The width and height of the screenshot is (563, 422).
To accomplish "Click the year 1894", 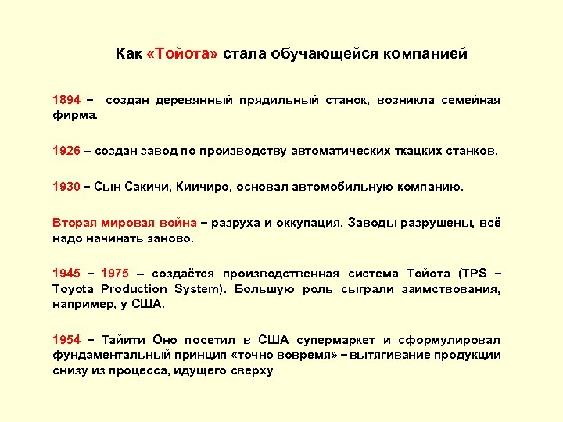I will tap(66, 101).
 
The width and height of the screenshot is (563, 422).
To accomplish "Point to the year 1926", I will tap(66, 150).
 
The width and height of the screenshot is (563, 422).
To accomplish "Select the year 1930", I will tap(66, 187).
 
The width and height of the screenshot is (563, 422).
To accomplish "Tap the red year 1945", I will tap(66, 274).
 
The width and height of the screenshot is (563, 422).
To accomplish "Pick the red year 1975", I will tap(114, 274).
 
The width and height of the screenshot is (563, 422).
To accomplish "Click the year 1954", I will tap(66, 340).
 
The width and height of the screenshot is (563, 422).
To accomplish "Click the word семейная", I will tap(469, 101).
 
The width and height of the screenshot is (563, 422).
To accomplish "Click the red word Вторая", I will tap(72, 223).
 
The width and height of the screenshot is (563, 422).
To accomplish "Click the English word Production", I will tap(127, 288).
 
